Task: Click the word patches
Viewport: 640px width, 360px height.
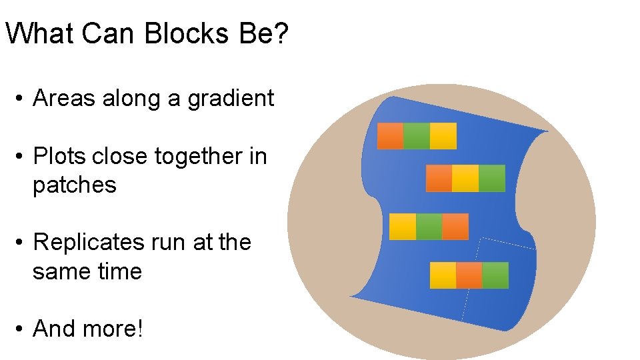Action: coord(75,185)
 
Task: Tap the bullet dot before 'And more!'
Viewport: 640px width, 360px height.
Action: coord(21,329)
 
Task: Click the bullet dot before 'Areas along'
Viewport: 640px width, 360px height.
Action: coord(21,99)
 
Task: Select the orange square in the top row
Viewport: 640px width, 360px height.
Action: coord(391,136)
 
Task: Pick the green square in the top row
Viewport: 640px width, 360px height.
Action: coord(417,136)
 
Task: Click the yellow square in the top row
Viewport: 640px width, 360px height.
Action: coord(443,136)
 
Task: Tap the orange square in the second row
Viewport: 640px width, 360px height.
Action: coord(439,178)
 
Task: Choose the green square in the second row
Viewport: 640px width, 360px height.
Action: coord(492,178)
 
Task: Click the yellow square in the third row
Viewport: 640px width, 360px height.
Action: coord(402,227)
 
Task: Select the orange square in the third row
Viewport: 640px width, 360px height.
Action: coord(455,227)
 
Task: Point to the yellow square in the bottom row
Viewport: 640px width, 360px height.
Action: coord(443,275)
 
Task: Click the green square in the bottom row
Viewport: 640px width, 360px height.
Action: coord(495,275)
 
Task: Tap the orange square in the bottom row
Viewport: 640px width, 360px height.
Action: coord(469,275)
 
